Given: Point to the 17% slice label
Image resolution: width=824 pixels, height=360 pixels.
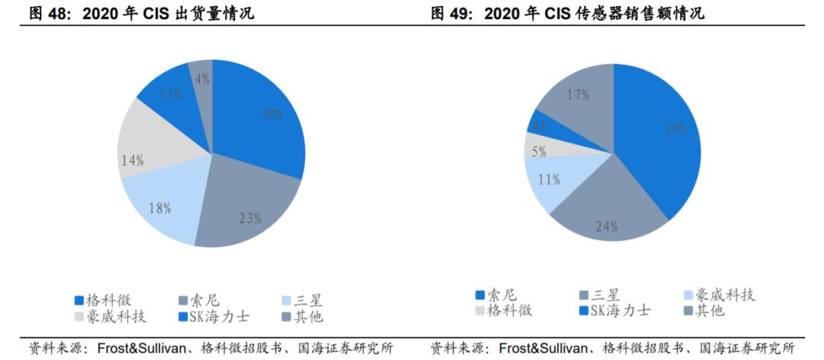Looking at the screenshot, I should pos(578,95).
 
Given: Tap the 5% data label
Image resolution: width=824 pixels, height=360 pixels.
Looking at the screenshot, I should pos(539,152).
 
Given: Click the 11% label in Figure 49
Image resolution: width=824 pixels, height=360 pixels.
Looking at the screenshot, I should pos(549,180).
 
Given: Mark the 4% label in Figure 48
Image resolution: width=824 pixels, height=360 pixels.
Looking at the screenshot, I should pos(201,79).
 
